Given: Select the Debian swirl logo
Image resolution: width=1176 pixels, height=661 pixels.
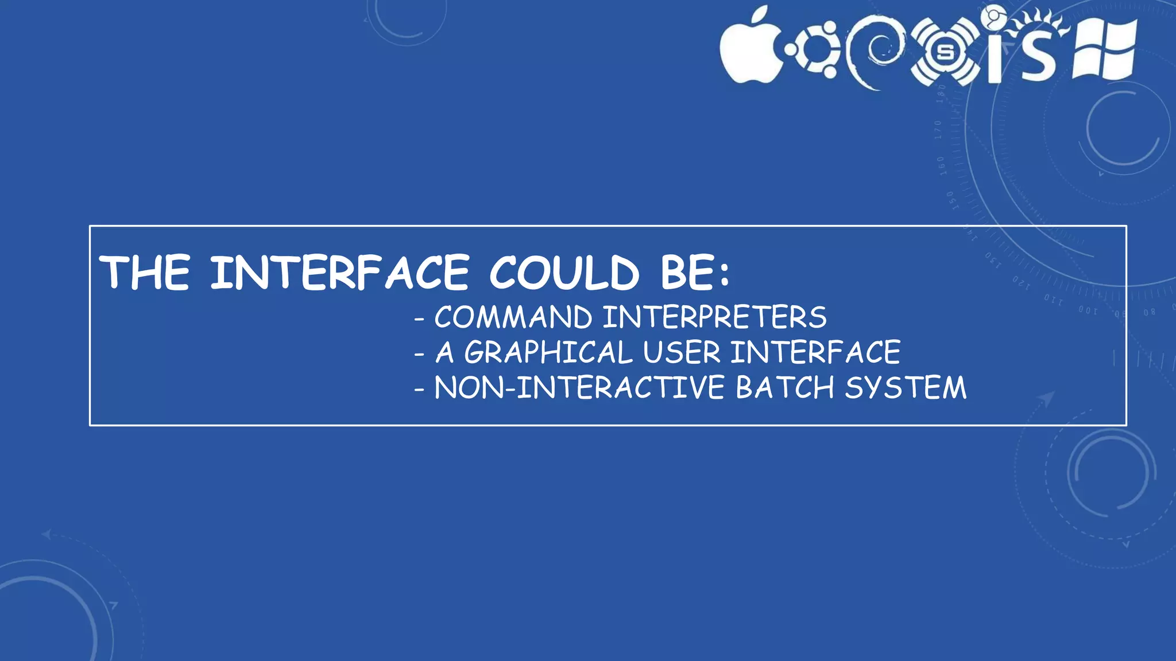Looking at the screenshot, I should click(x=875, y=52).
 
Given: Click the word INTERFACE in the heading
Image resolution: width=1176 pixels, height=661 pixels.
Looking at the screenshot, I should click(x=339, y=273).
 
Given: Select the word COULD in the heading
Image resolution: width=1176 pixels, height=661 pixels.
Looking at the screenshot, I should click(x=563, y=273).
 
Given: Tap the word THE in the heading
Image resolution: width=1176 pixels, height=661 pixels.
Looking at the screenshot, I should click(x=145, y=273).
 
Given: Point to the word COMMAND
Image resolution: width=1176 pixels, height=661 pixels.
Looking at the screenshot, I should click(x=513, y=317).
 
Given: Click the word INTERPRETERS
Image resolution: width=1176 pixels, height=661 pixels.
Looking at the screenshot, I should click(x=714, y=317).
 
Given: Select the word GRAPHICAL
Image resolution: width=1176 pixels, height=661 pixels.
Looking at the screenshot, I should click(x=548, y=352).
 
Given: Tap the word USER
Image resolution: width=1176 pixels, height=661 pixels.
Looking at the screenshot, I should click(x=681, y=352).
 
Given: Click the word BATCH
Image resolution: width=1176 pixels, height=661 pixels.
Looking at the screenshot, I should click(x=784, y=387).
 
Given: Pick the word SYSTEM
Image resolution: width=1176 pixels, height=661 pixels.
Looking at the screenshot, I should click(x=906, y=387).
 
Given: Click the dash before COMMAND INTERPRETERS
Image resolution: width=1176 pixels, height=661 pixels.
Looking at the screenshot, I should click(x=419, y=319).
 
